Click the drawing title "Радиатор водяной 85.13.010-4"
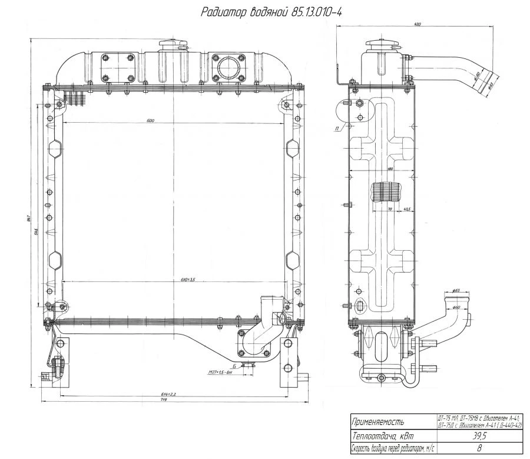[x=271, y=12]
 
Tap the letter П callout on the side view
[x=336, y=128]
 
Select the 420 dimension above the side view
[x=417, y=25]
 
